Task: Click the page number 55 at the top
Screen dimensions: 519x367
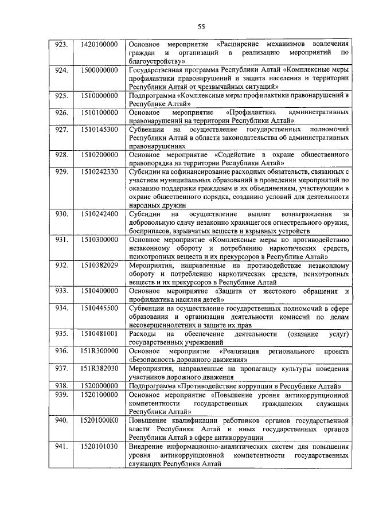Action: (x=201, y=26)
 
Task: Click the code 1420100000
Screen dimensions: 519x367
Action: (x=100, y=44)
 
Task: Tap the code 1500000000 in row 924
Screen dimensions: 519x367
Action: (x=100, y=70)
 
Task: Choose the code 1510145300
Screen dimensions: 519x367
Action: (x=100, y=130)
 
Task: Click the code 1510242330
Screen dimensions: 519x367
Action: (x=100, y=171)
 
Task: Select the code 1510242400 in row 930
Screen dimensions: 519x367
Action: (x=100, y=214)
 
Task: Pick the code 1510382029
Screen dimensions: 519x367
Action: (x=100, y=265)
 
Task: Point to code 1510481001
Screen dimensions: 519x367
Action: (x=100, y=333)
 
